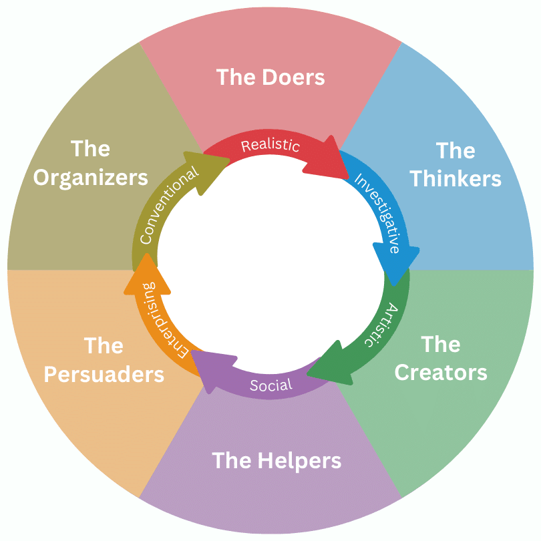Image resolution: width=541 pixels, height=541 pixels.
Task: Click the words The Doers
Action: pyautogui.click(x=270, y=77)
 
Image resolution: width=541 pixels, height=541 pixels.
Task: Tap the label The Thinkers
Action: pyautogui.click(x=456, y=164)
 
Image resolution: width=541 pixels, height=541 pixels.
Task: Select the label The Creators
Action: pyautogui.click(x=441, y=358)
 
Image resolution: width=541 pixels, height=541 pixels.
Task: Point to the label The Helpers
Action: pyautogui.click(x=277, y=460)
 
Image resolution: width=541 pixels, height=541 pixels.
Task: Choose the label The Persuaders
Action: pyautogui.click(x=104, y=360)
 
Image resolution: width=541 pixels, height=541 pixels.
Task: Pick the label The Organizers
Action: pyautogui.click(x=91, y=163)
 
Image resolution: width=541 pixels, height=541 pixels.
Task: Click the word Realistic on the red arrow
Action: pyautogui.click(x=270, y=146)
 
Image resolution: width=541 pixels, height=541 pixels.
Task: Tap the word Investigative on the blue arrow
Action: pyautogui.click(x=377, y=213)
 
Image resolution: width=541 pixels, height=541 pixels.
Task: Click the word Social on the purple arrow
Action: pyautogui.click(x=270, y=385)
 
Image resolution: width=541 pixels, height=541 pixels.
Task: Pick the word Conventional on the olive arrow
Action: pyautogui.click(x=169, y=204)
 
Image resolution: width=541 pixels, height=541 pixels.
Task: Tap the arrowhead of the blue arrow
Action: pyautogui.click(x=396, y=261)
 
